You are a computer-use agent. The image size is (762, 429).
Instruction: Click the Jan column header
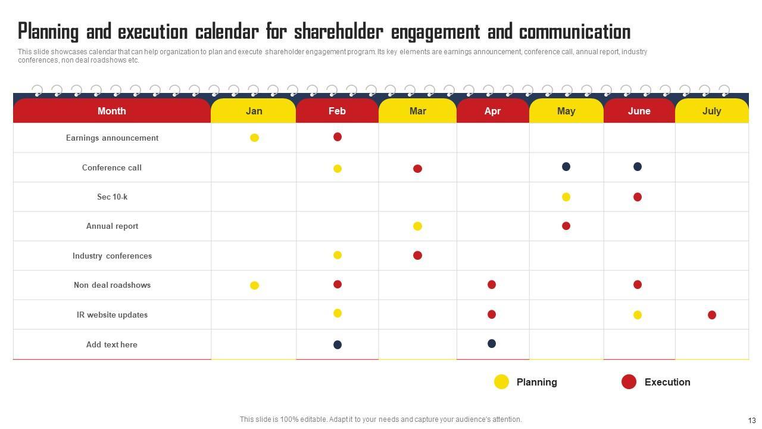click(x=254, y=111)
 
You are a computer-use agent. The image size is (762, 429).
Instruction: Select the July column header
click(x=711, y=111)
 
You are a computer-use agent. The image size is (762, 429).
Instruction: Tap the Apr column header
click(x=492, y=111)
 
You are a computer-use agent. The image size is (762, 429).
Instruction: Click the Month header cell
click(x=112, y=111)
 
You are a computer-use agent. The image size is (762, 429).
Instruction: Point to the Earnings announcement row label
click(x=112, y=138)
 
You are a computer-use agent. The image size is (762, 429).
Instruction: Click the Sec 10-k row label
click(x=112, y=197)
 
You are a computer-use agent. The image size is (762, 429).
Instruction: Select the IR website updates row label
click(x=112, y=315)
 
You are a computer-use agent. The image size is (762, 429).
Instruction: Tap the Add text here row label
click(x=112, y=344)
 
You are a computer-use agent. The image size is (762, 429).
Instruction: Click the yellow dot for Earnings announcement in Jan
click(x=254, y=138)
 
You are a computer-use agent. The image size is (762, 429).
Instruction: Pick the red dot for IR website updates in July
click(x=711, y=315)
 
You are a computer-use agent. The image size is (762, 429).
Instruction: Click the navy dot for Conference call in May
click(x=566, y=166)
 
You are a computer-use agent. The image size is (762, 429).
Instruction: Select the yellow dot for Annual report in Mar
click(x=417, y=226)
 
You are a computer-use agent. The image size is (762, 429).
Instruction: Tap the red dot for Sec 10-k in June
click(x=638, y=197)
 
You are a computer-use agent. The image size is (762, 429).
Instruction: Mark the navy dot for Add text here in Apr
click(x=492, y=343)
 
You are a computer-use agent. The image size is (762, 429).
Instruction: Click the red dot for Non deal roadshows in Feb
click(x=338, y=284)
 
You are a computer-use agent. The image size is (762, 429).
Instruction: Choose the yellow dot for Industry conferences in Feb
click(x=338, y=255)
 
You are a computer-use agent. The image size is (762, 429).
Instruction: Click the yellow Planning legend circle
click(x=501, y=382)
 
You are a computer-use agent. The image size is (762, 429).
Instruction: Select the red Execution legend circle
click(x=629, y=382)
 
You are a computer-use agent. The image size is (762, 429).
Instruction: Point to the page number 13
click(x=751, y=420)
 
